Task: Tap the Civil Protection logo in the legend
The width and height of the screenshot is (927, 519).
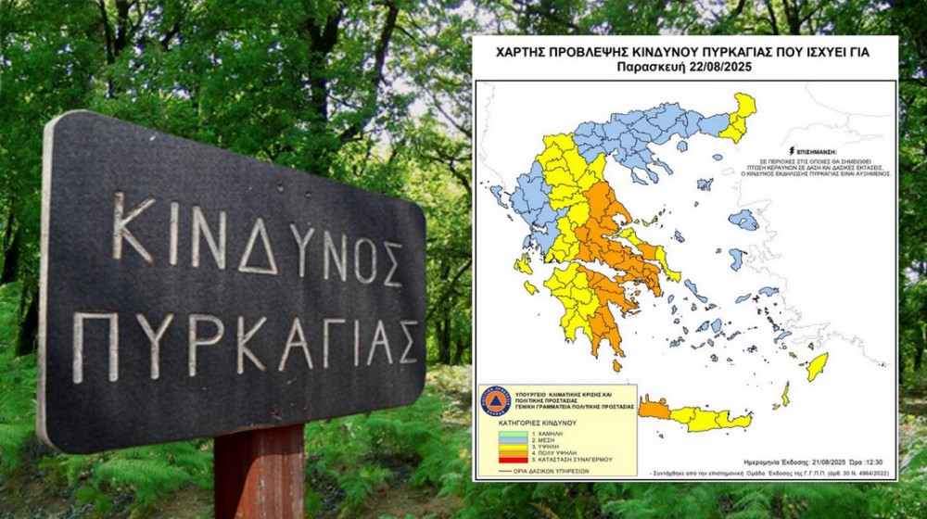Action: [496, 401]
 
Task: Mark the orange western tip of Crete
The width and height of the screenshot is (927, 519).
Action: [654, 409]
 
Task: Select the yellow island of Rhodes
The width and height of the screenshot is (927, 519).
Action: [817, 366]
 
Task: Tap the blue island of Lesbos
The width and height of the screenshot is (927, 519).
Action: [743, 220]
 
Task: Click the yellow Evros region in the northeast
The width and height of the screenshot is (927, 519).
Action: [741, 115]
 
